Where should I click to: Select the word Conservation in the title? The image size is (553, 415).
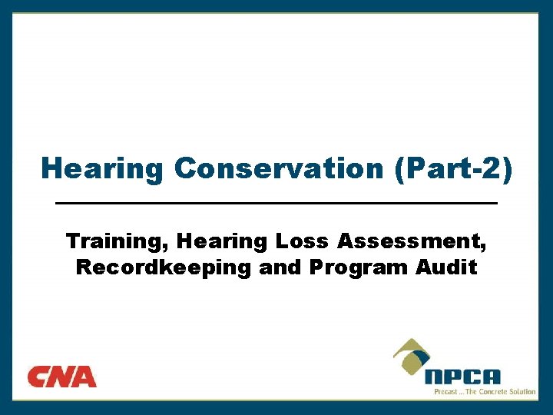pyautogui.click(x=279, y=168)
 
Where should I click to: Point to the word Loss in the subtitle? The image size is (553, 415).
pyautogui.click(x=303, y=241)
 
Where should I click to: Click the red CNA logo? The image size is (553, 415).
pyautogui.click(x=62, y=377)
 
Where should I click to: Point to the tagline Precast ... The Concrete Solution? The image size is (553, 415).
pyautogui.click(x=485, y=391)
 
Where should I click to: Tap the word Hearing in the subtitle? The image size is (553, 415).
pyautogui.click(x=220, y=241)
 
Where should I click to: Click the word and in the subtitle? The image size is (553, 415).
pyautogui.click(x=281, y=267)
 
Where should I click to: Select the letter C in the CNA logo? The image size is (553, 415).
pyautogui.click(x=39, y=377)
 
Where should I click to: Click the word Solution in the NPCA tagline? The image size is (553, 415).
pyautogui.click(x=521, y=391)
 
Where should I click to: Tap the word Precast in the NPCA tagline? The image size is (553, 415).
pyautogui.click(x=446, y=391)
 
